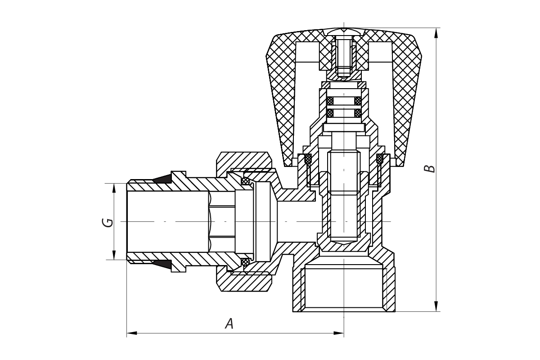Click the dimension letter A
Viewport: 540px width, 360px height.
229,324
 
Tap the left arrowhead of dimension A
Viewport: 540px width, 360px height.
131,333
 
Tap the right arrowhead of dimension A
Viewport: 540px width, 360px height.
339,333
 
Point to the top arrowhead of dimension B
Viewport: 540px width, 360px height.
436,33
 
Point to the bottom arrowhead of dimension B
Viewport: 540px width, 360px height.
436,306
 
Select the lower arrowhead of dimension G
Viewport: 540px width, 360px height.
114,255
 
